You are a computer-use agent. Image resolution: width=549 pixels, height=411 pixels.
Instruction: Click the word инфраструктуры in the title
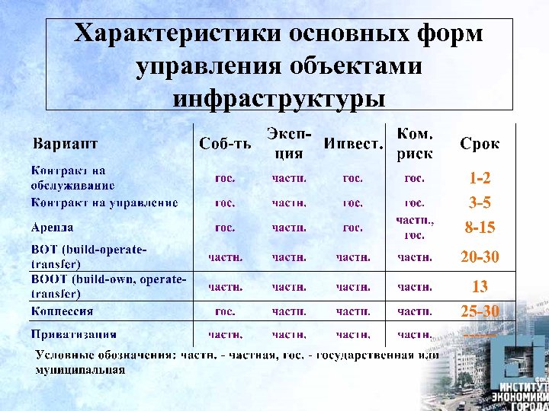tap(278, 97)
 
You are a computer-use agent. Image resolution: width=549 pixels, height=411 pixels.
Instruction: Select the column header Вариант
tap(65, 143)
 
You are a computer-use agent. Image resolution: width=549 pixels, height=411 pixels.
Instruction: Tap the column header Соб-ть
tap(225, 143)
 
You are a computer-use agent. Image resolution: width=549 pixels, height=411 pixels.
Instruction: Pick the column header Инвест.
tap(353, 143)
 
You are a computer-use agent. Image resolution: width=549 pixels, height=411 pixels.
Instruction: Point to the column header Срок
tap(480, 143)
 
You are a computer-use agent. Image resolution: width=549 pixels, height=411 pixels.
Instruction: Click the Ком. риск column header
tap(415, 143)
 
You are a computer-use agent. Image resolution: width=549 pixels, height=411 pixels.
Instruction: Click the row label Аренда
tap(53, 227)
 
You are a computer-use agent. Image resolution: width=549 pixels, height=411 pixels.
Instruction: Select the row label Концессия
tap(62, 311)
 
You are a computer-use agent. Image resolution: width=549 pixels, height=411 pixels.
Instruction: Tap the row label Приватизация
tap(74, 333)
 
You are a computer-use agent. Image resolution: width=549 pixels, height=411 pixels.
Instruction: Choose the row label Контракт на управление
tap(104, 202)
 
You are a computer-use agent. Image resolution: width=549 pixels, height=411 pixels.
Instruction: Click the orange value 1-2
tap(480, 179)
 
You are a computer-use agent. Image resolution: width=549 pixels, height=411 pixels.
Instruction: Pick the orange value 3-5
tap(480, 203)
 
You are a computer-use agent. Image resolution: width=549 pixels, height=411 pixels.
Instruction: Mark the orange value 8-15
tap(480, 228)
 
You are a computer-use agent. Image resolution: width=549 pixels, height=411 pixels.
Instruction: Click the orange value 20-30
tap(480, 257)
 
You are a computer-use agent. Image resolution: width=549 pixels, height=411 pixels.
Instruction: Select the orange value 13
tap(480, 287)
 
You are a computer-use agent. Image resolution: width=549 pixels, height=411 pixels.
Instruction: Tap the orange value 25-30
tap(480, 311)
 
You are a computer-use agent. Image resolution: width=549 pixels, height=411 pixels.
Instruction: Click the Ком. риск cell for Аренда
tap(415, 228)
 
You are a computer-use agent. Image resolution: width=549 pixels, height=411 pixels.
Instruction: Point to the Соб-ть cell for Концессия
tap(225, 311)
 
